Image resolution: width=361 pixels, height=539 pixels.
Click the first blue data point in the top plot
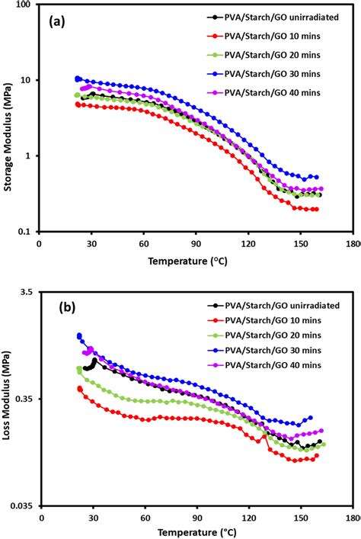coord(78,79)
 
